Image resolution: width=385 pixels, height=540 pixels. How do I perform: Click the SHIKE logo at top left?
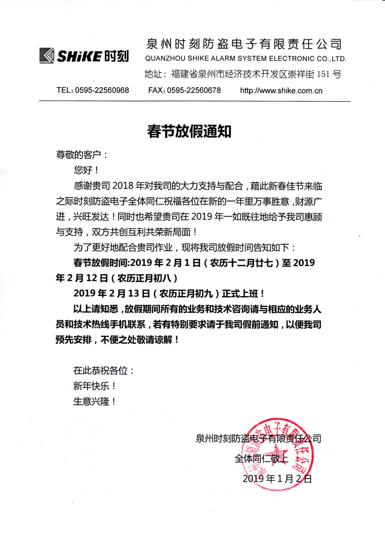[x=82, y=55]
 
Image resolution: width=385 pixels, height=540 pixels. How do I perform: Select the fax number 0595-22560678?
[x=194, y=90]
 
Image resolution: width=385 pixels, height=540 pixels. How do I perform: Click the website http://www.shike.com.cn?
[x=281, y=90]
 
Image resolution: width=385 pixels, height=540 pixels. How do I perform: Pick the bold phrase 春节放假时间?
[x=100, y=263]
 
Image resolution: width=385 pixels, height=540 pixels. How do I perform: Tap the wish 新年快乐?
[x=95, y=385]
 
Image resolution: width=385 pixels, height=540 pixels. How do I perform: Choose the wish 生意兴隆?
[x=95, y=400]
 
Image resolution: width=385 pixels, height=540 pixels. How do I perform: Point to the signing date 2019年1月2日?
[x=277, y=478]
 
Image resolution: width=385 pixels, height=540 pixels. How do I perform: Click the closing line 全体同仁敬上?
[x=261, y=458]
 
